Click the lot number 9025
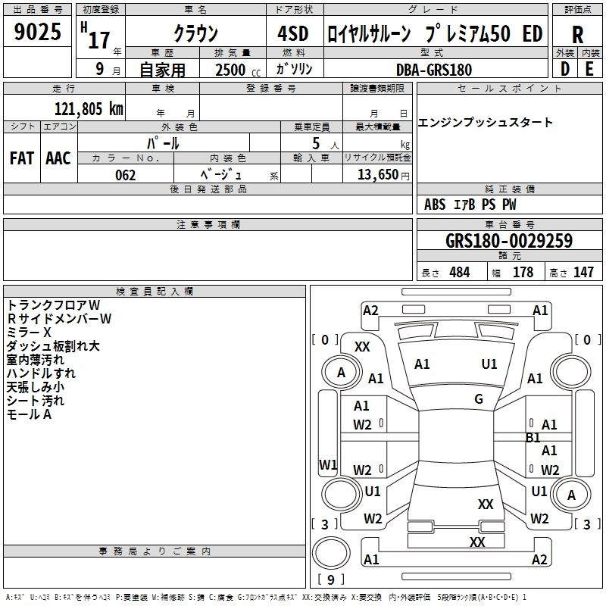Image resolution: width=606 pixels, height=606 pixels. [37, 32]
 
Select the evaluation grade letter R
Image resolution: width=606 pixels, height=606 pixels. [577, 35]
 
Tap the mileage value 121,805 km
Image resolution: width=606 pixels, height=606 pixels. [89, 109]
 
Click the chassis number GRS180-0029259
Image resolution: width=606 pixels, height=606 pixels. [509, 240]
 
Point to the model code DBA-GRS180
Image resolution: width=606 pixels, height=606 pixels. [434, 70]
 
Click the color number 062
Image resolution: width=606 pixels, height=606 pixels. [125, 175]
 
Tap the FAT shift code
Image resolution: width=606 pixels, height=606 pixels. [22, 158]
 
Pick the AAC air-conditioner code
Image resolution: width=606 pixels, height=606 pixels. [58, 158]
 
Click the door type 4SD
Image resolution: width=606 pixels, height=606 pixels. [293, 33]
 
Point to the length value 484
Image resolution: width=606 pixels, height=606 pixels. [460, 272]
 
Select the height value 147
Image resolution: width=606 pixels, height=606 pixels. [583, 272]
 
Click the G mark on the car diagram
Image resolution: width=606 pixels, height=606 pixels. [479, 399]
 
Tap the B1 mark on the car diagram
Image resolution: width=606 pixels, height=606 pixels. [533, 438]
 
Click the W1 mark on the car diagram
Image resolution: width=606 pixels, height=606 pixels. [328, 464]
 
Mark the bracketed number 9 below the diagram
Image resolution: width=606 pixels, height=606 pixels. [331, 579]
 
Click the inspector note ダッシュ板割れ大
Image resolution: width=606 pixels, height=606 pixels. [53, 346]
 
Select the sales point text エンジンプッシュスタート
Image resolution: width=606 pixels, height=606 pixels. [485, 123]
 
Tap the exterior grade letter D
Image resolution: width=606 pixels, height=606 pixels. [565, 69]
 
